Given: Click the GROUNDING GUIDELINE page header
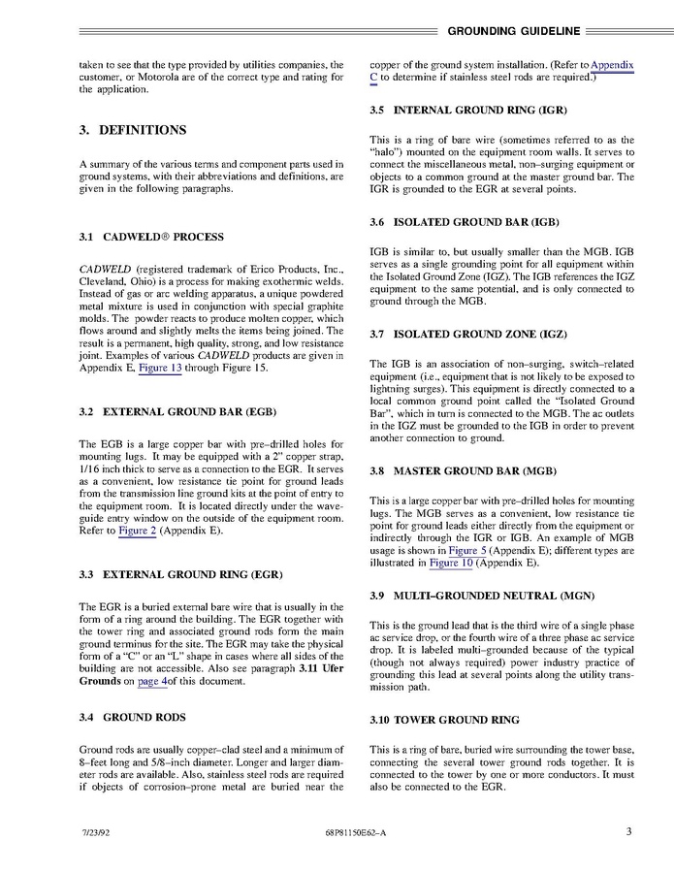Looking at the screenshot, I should click(519, 30).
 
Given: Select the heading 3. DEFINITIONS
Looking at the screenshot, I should click(132, 130).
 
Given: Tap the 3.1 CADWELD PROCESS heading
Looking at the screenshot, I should click(150, 237).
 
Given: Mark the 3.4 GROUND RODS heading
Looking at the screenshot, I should click(131, 717).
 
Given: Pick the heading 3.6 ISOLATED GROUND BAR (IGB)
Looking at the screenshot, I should click(465, 222).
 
